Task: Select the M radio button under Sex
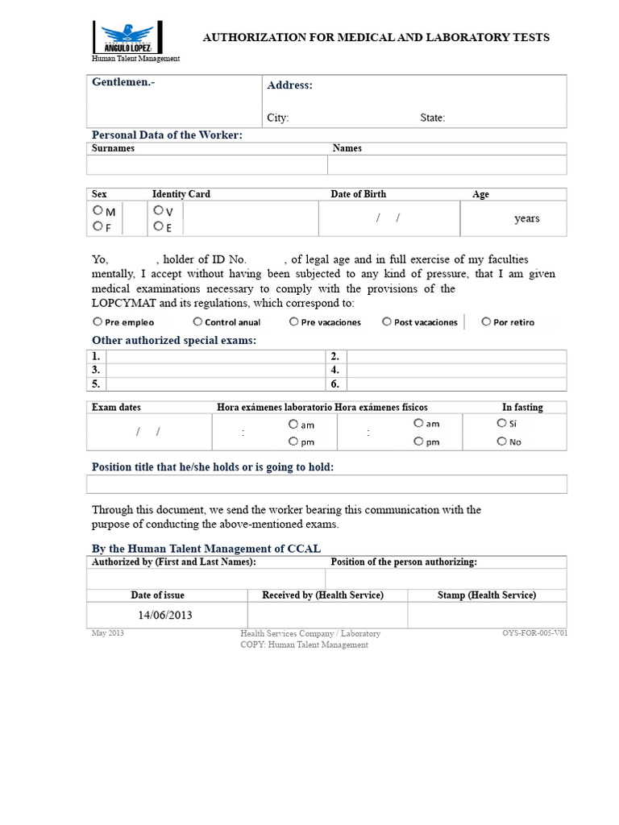click(x=98, y=209)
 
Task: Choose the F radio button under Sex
click(x=98, y=226)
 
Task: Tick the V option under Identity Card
click(x=158, y=209)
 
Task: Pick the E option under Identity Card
click(x=158, y=226)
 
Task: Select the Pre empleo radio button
click(x=98, y=321)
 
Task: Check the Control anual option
click(x=197, y=321)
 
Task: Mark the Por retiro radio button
click(x=486, y=321)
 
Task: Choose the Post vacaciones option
click(x=387, y=321)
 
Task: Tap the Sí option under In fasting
click(x=501, y=423)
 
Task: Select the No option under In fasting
click(x=501, y=441)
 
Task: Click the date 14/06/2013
click(x=164, y=616)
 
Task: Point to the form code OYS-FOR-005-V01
click(x=534, y=633)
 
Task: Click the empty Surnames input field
click(x=206, y=165)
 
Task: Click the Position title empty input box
click(x=326, y=483)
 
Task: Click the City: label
click(x=278, y=118)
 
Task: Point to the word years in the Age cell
click(x=527, y=218)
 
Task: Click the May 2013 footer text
click(x=107, y=633)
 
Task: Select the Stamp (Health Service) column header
click(x=486, y=595)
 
